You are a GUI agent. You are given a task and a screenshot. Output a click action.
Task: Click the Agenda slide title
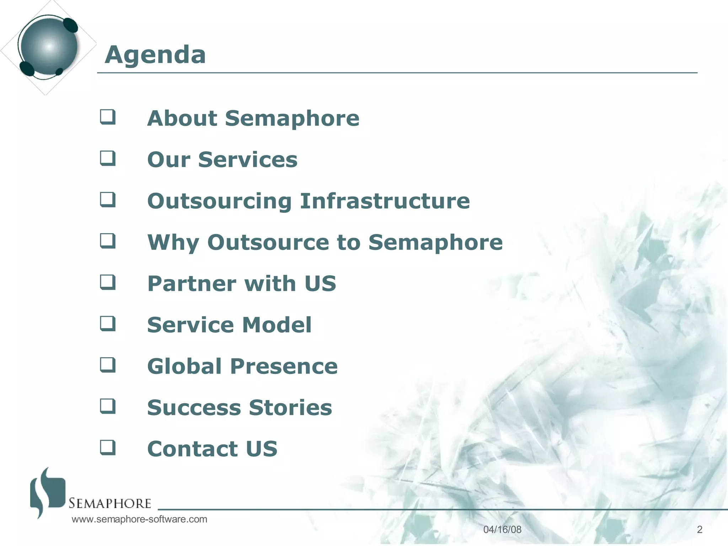(x=155, y=55)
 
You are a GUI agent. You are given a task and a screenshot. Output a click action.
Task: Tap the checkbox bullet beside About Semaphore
(x=108, y=117)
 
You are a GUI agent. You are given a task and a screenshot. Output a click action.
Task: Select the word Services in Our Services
(x=247, y=160)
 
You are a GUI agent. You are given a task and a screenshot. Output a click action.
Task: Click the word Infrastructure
(x=385, y=201)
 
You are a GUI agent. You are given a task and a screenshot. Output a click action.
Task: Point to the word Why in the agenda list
(x=173, y=242)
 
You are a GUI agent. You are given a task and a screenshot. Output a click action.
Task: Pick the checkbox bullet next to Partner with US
(x=108, y=282)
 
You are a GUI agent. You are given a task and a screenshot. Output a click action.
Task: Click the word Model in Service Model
(x=277, y=325)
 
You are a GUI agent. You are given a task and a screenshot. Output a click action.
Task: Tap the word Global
(x=184, y=366)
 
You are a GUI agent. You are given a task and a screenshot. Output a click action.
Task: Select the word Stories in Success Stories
(x=290, y=407)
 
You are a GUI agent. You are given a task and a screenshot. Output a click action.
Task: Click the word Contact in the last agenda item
(x=192, y=449)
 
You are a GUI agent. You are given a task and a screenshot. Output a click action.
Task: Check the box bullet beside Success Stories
(x=108, y=406)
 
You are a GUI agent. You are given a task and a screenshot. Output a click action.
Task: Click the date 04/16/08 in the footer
(x=502, y=530)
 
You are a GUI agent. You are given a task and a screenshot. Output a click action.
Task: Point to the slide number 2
(x=700, y=530)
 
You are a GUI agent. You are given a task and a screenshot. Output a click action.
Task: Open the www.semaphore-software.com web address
(x=139, y=519)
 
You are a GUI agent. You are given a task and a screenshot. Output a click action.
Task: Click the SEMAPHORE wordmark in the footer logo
(x=110, y=503)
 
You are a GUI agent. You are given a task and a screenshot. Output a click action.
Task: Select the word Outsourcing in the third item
(x=219, y=201)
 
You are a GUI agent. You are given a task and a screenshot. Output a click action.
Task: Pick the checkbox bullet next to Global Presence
(x=108, y=365)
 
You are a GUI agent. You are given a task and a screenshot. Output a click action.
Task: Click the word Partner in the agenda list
(x=191, y=284)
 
